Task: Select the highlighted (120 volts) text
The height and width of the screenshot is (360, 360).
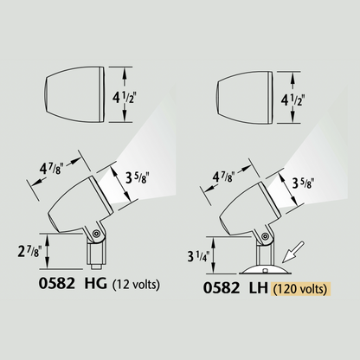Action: click(303, 289)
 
